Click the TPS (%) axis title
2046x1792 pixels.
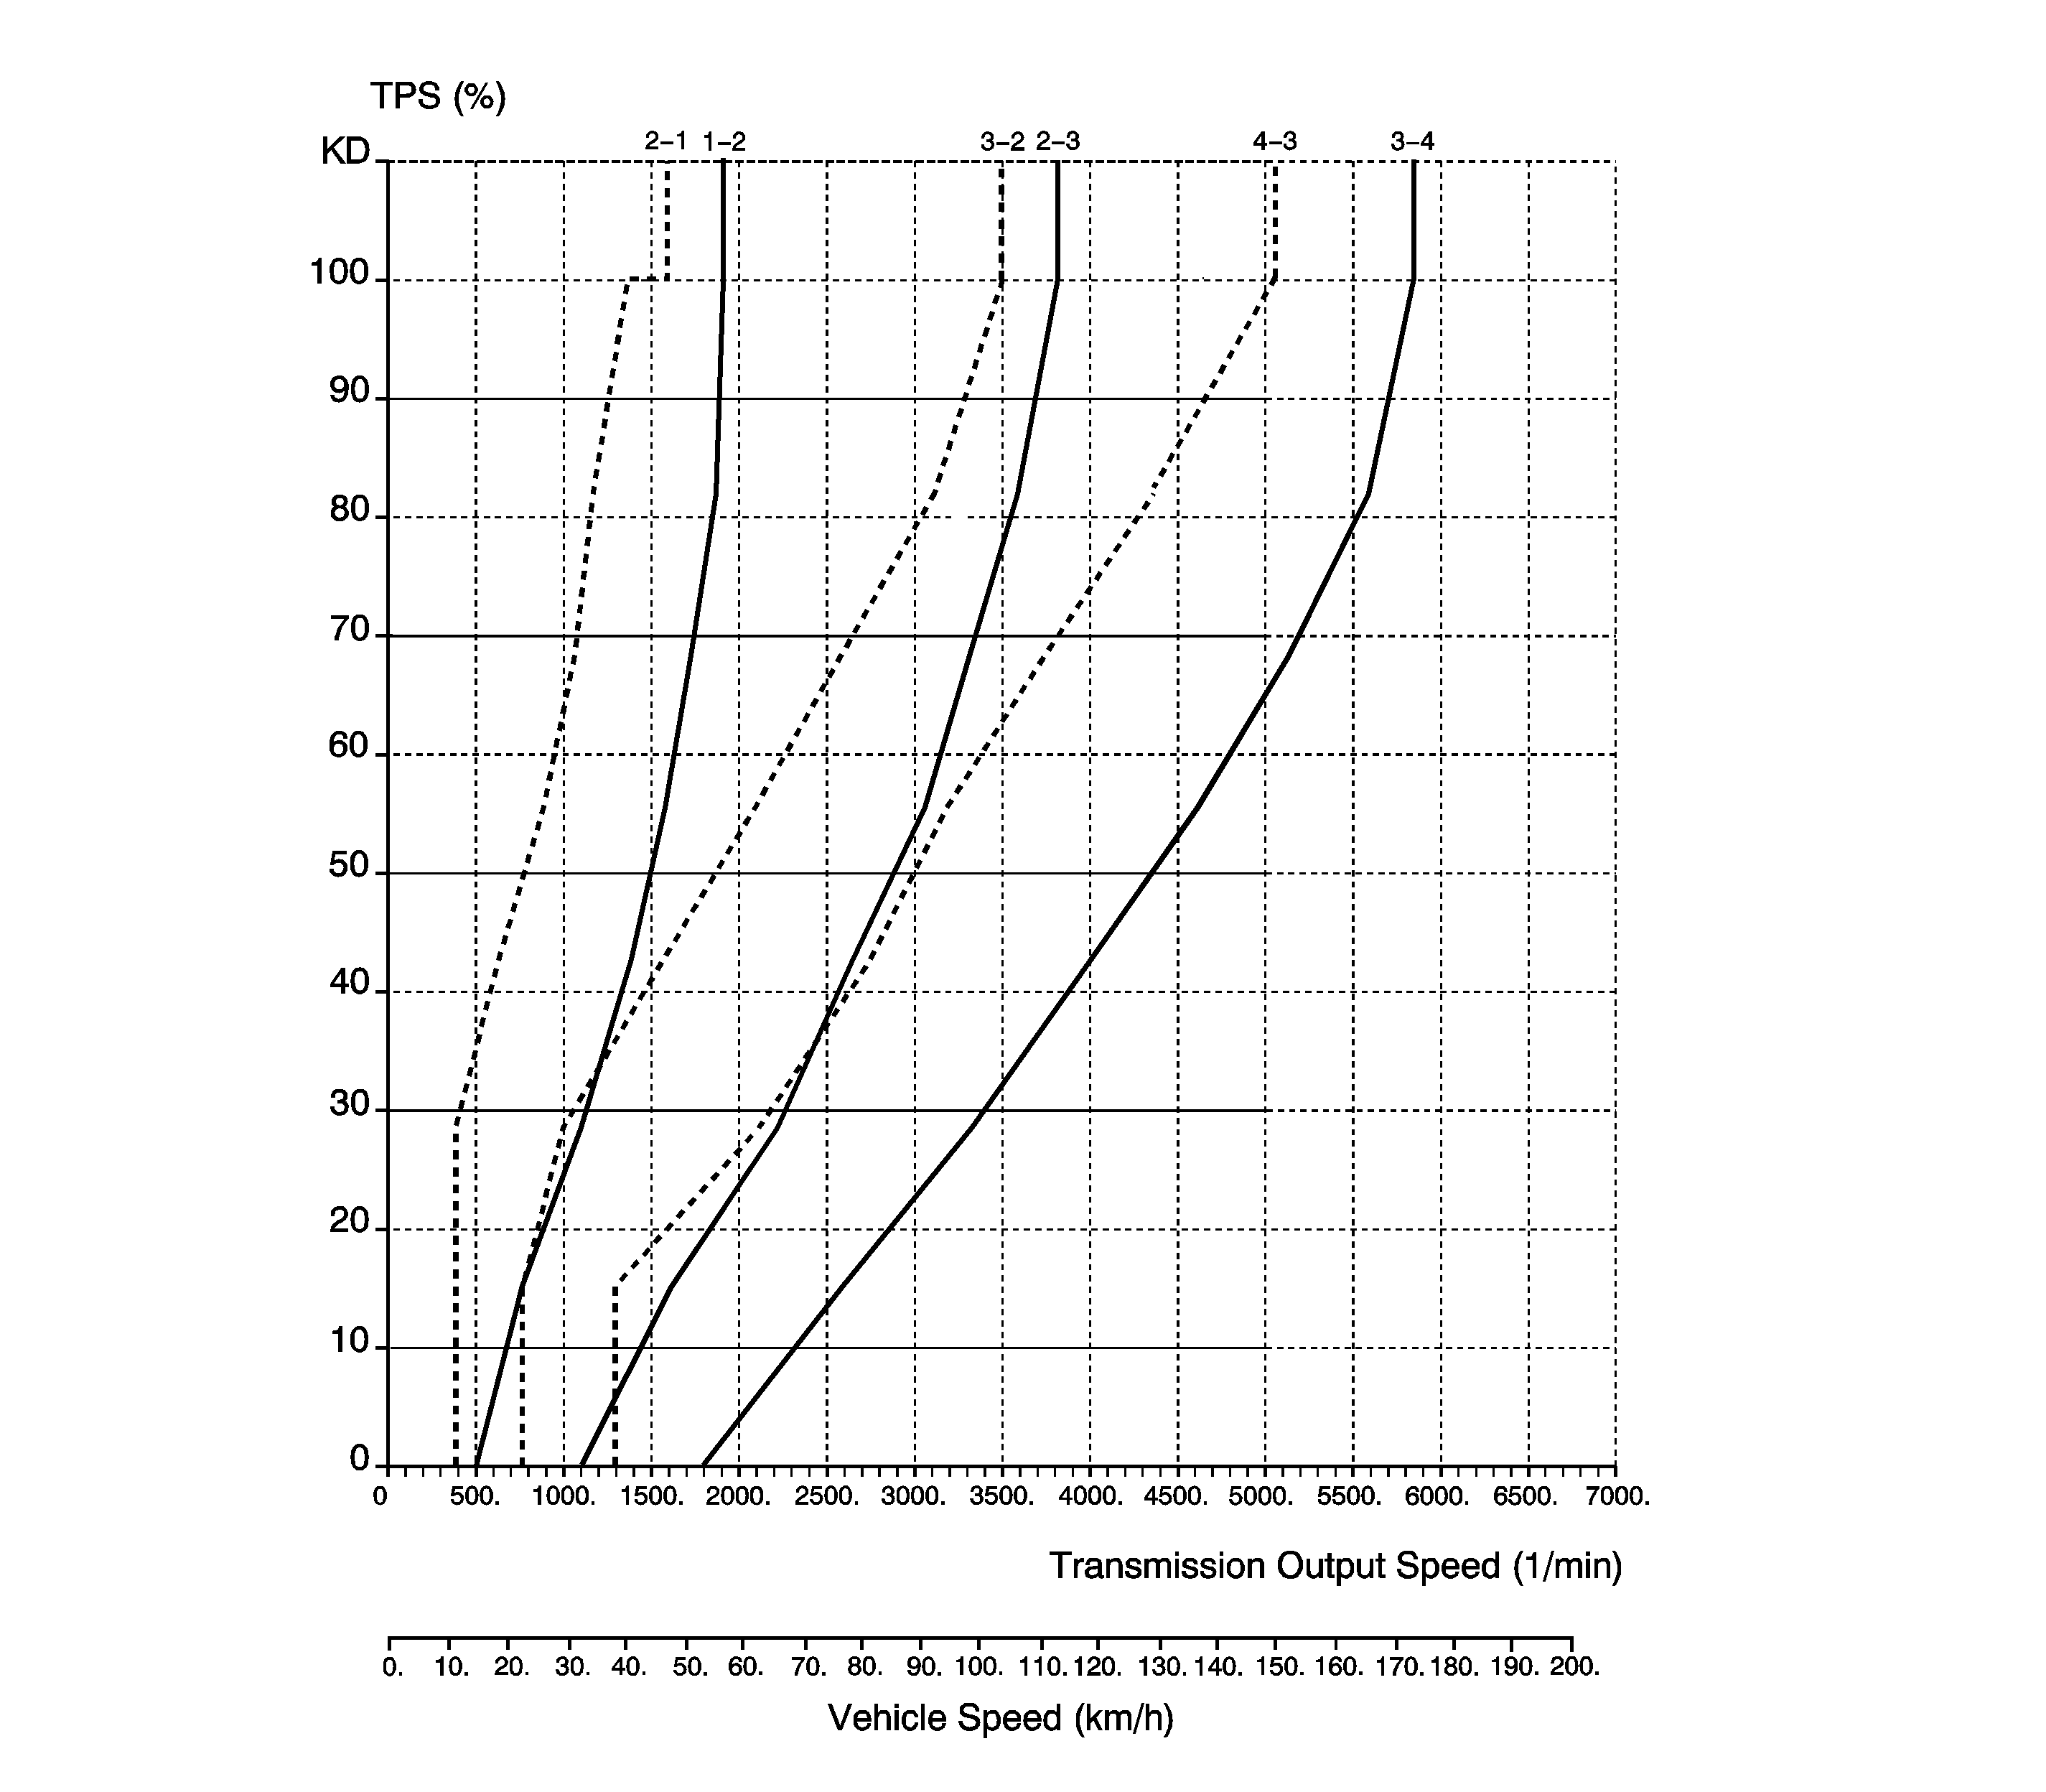click(x=438, y=97)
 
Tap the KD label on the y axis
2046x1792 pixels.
click(x=345, y=152)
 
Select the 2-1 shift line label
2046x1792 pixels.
click(x=666, y=142)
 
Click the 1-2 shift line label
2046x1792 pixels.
click(x=724, y=142)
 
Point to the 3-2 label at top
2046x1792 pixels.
click(x=1002, y=142)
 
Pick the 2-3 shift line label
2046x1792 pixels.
click(x=1058, y=142)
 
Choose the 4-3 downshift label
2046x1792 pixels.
click(x=1275, y=142)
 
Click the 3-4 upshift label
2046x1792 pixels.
click(x=1412, y=142)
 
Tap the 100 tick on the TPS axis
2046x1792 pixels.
click(x=340, y=273)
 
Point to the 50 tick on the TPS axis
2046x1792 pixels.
click(x=349, y=866)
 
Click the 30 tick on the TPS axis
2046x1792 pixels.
click(x=349, y=1104)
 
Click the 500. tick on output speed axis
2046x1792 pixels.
click(x=475, y=1497)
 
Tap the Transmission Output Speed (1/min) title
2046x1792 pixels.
click(x=1335, y=1566)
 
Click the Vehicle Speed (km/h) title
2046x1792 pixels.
click(x=1000, y=1718)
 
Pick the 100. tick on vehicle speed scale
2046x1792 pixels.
click(x=979, y=1668)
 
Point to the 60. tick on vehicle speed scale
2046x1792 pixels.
click(x=746, y=1668)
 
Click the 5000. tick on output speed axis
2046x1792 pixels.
click(x=1264, y=1497)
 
